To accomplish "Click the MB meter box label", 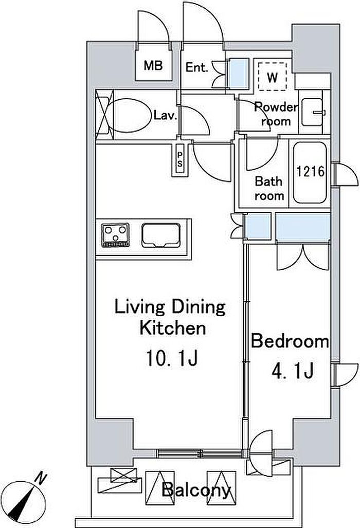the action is tap(153, 65).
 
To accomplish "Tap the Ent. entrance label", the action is tap(196, 67).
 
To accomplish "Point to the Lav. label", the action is tap(166, 116).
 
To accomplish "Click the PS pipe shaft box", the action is tap(180, 159).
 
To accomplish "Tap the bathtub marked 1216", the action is tap(310, 172).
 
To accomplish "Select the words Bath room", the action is tap(269, 188).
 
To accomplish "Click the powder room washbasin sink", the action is tap(313, 112).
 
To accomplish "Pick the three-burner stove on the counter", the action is tap(116, 235).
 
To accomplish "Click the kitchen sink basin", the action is tap(160, 235).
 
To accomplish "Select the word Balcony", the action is tap(196, 489).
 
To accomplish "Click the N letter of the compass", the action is tap(42, 478).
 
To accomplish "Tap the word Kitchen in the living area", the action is tap(172, 328).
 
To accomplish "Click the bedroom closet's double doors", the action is tap(302, 257).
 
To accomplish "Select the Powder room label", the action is tap(276, 114).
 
